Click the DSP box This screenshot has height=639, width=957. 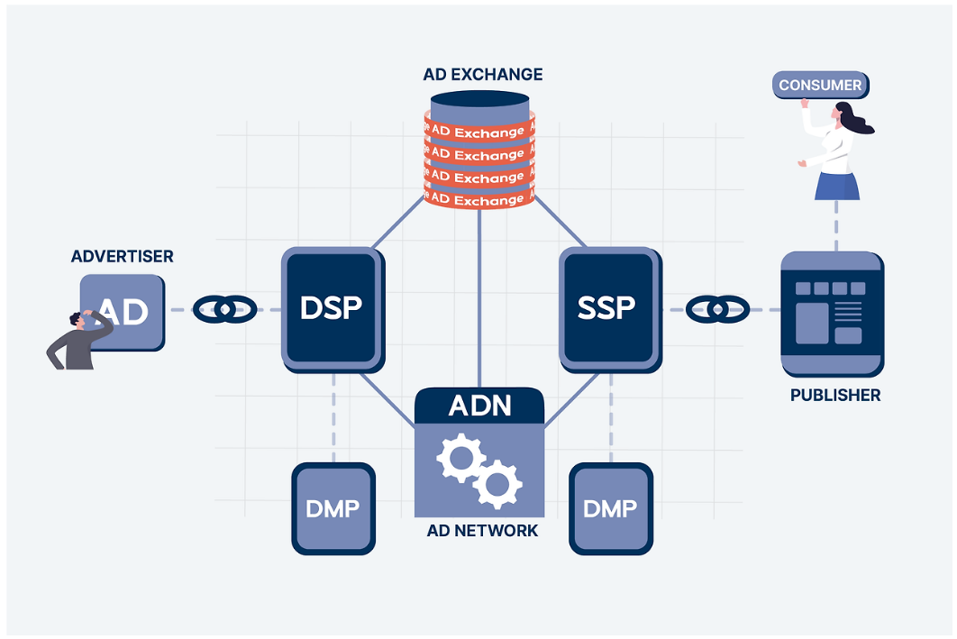click(332, 307)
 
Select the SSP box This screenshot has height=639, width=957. click(607, 307)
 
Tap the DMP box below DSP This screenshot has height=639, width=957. click(333, 507)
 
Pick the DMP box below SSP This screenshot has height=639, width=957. click(610, 507)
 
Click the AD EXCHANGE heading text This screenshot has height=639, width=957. click(483, 74)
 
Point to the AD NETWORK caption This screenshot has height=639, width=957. click(482, 531)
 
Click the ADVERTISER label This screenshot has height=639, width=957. click(123, 257)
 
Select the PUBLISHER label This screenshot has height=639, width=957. click(835, 396)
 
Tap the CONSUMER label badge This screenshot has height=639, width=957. click(820, 86)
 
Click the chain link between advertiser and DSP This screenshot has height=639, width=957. click(224, 309)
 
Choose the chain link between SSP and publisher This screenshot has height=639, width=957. click(717, 309)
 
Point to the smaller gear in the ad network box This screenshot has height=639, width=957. click(497, 483)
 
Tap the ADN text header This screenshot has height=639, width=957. click(479, 406)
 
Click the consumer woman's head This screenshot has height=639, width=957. click(845, 114)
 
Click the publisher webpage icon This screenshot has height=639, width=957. click(832, 313)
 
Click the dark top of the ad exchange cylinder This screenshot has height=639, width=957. click(479, 100)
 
